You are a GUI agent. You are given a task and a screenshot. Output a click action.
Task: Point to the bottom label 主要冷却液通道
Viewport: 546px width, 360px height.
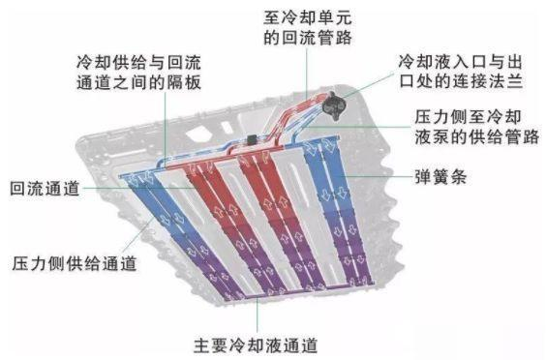(256, 344)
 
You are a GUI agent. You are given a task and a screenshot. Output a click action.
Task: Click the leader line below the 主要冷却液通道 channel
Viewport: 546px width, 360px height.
(257, 315)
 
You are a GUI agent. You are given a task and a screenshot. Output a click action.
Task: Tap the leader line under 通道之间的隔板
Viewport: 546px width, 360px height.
(166, 121)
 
